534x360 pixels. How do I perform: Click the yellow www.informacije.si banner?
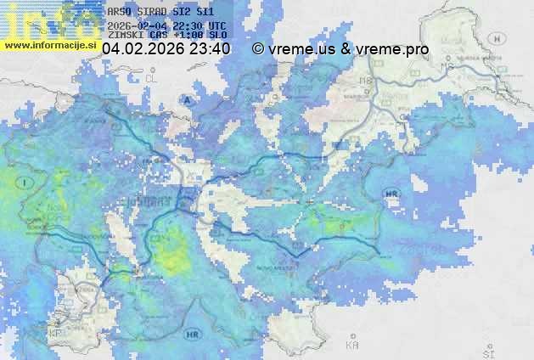pyautogui.click(x=50, y=44)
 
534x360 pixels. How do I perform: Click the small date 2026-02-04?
pyautogui.click(x=137, y=25)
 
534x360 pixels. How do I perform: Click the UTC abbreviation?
pyautogui.click(x=217, y=25)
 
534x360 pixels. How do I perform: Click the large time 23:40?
pyautogui.click(x=210, y=49)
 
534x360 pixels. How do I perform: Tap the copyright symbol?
pyautogui.click(x=258, y=49)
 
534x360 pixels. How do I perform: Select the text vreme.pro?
pyautogui.click(x=391, y=49)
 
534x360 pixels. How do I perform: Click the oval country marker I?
pyautogui.click(x=28, y=183)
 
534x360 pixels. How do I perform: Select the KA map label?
pyautogui.click(x=352, y=346)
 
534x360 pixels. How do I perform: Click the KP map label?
pyautogui.click(x=55, y=333)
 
